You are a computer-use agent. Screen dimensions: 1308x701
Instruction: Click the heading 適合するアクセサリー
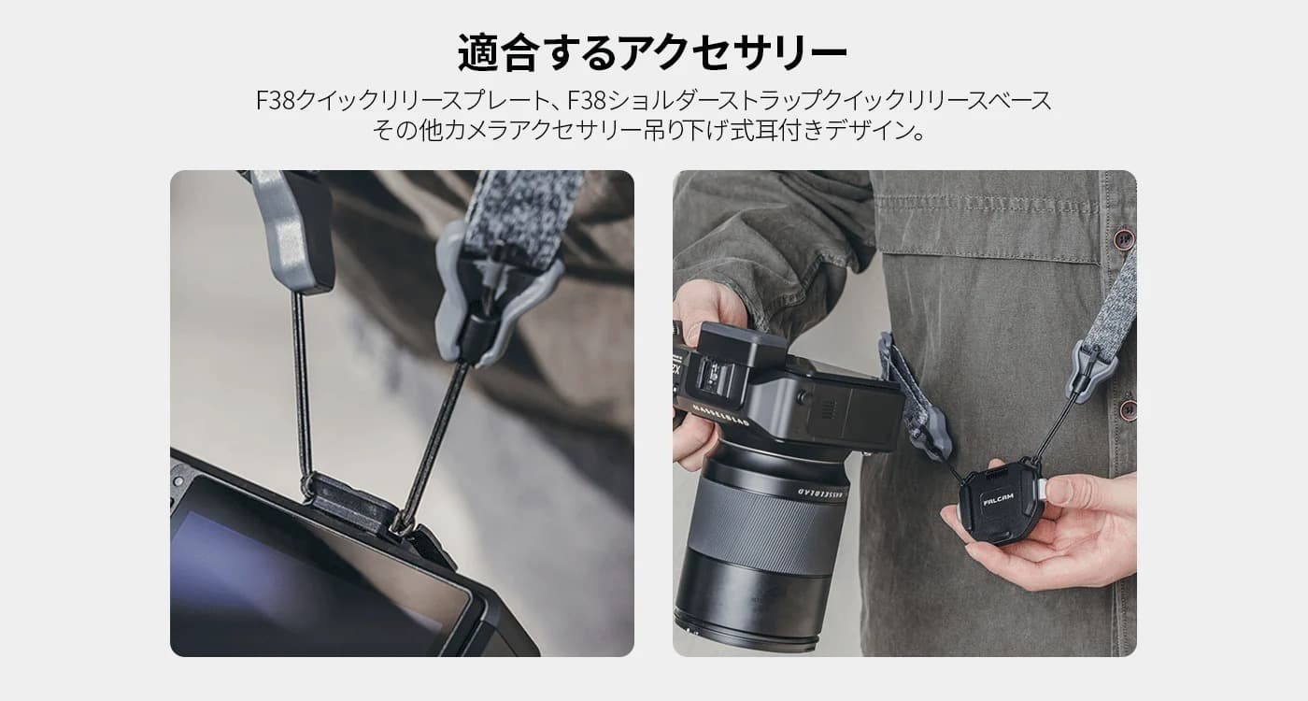tap(652, 52)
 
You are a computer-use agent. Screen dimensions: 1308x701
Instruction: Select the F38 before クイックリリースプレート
tap(276, 101)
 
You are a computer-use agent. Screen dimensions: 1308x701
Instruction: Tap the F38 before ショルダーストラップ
tap(588, 101)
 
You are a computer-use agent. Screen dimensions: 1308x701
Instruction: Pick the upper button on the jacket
tap(1123, 238)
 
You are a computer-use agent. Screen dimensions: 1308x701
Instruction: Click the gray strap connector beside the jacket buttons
tap(1092, 368)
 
